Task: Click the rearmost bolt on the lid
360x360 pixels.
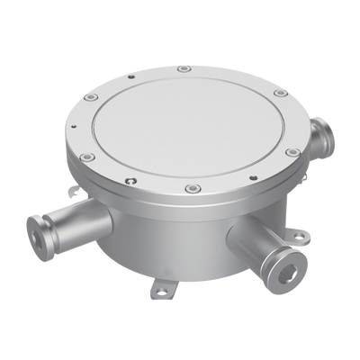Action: (184, 68)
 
